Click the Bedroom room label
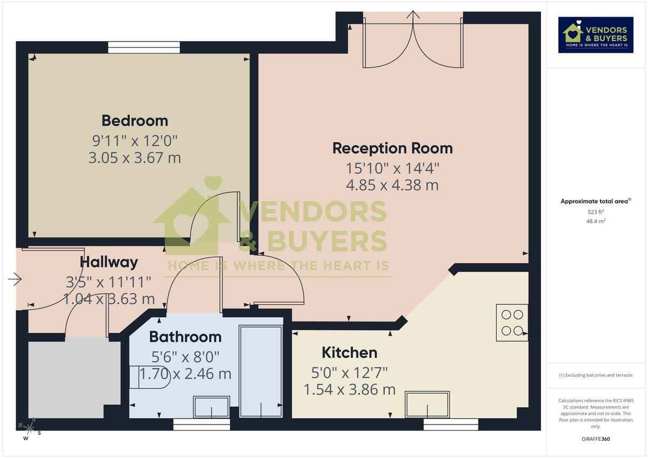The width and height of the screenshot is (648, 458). (x=134, y=120)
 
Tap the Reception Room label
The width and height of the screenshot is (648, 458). (x=392, y=148)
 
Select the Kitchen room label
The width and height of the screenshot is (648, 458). (x=349, y=353)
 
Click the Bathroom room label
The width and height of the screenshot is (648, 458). (x=185, y=337)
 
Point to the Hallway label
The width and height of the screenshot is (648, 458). (x=109, y=262)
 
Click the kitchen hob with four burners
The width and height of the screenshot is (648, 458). (x=512, y=323)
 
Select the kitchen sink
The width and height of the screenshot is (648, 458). (x=428, y=404)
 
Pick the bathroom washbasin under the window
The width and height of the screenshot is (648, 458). (x=211, y=407)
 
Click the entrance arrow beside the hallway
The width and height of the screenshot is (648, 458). (x=15, y=279)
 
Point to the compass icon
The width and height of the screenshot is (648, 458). (x=30, y=429)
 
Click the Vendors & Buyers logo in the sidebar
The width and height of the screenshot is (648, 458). (x=596, y=35)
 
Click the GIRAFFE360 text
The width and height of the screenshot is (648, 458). (x=596, y=439)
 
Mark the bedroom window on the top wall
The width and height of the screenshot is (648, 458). (x=144, y=47)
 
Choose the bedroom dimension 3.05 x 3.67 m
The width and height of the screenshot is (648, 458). (x=134, y=158)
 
